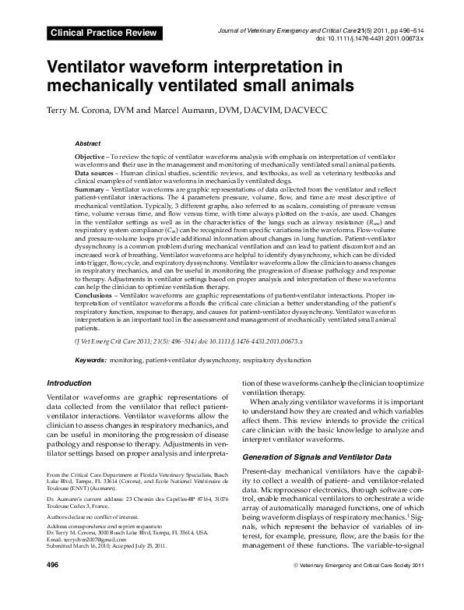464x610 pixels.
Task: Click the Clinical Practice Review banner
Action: click(104, 33)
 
